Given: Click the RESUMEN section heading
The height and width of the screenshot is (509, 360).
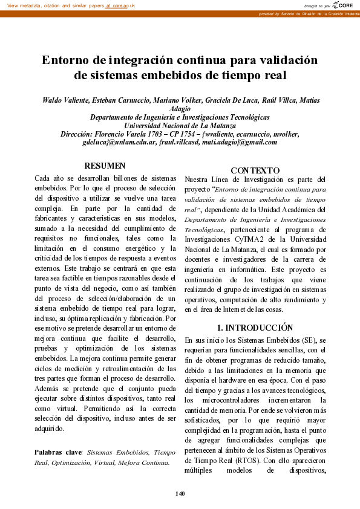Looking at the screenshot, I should click(105, 165).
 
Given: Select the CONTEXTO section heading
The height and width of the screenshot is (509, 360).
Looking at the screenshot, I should click(255, 171).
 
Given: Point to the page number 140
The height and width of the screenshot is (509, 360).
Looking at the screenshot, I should click(180, 494).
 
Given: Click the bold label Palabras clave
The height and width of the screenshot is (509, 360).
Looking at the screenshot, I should click(58, 452).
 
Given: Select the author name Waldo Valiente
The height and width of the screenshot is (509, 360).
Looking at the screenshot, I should click(65, 100).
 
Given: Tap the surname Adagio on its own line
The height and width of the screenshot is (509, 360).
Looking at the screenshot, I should click(180, 109).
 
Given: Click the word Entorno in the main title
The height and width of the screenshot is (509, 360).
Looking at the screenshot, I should click(67, 61).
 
